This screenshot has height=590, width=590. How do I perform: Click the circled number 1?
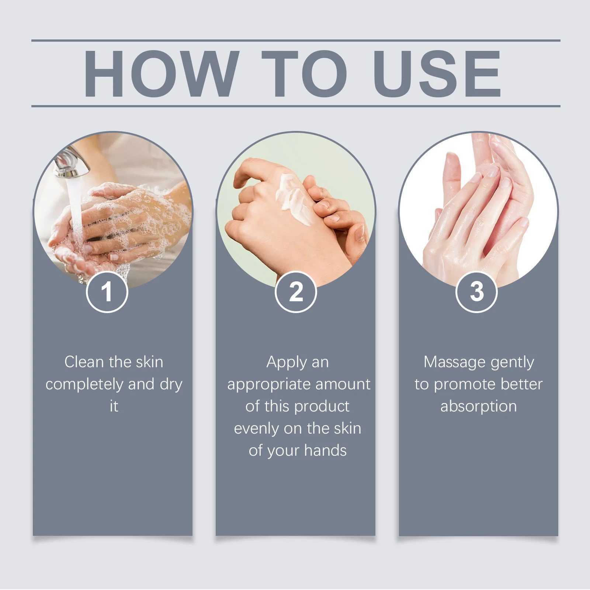(107, 292)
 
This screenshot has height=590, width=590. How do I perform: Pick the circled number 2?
(296, 292)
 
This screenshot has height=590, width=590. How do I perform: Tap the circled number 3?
(476, 292)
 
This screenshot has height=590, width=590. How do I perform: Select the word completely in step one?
(84, 385)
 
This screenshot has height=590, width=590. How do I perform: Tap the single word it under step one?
(114, 406)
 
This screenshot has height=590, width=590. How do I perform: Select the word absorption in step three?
(478, 406)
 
